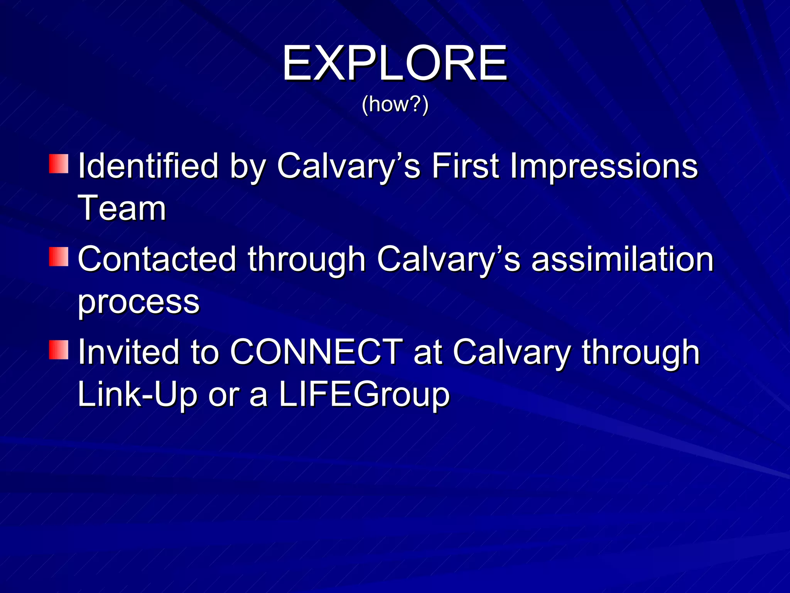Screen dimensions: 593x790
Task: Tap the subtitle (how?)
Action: (395, 104)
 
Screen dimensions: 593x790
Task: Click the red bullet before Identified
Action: (59, 164)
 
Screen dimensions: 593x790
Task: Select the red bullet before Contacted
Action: (59, 257)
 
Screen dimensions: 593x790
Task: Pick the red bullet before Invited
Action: (59, 350)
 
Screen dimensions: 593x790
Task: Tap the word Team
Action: (122, 208)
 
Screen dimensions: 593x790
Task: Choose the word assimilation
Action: (623, 259)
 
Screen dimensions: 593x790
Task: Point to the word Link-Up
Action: (137, 395)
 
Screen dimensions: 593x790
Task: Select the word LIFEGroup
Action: (364, 395)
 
